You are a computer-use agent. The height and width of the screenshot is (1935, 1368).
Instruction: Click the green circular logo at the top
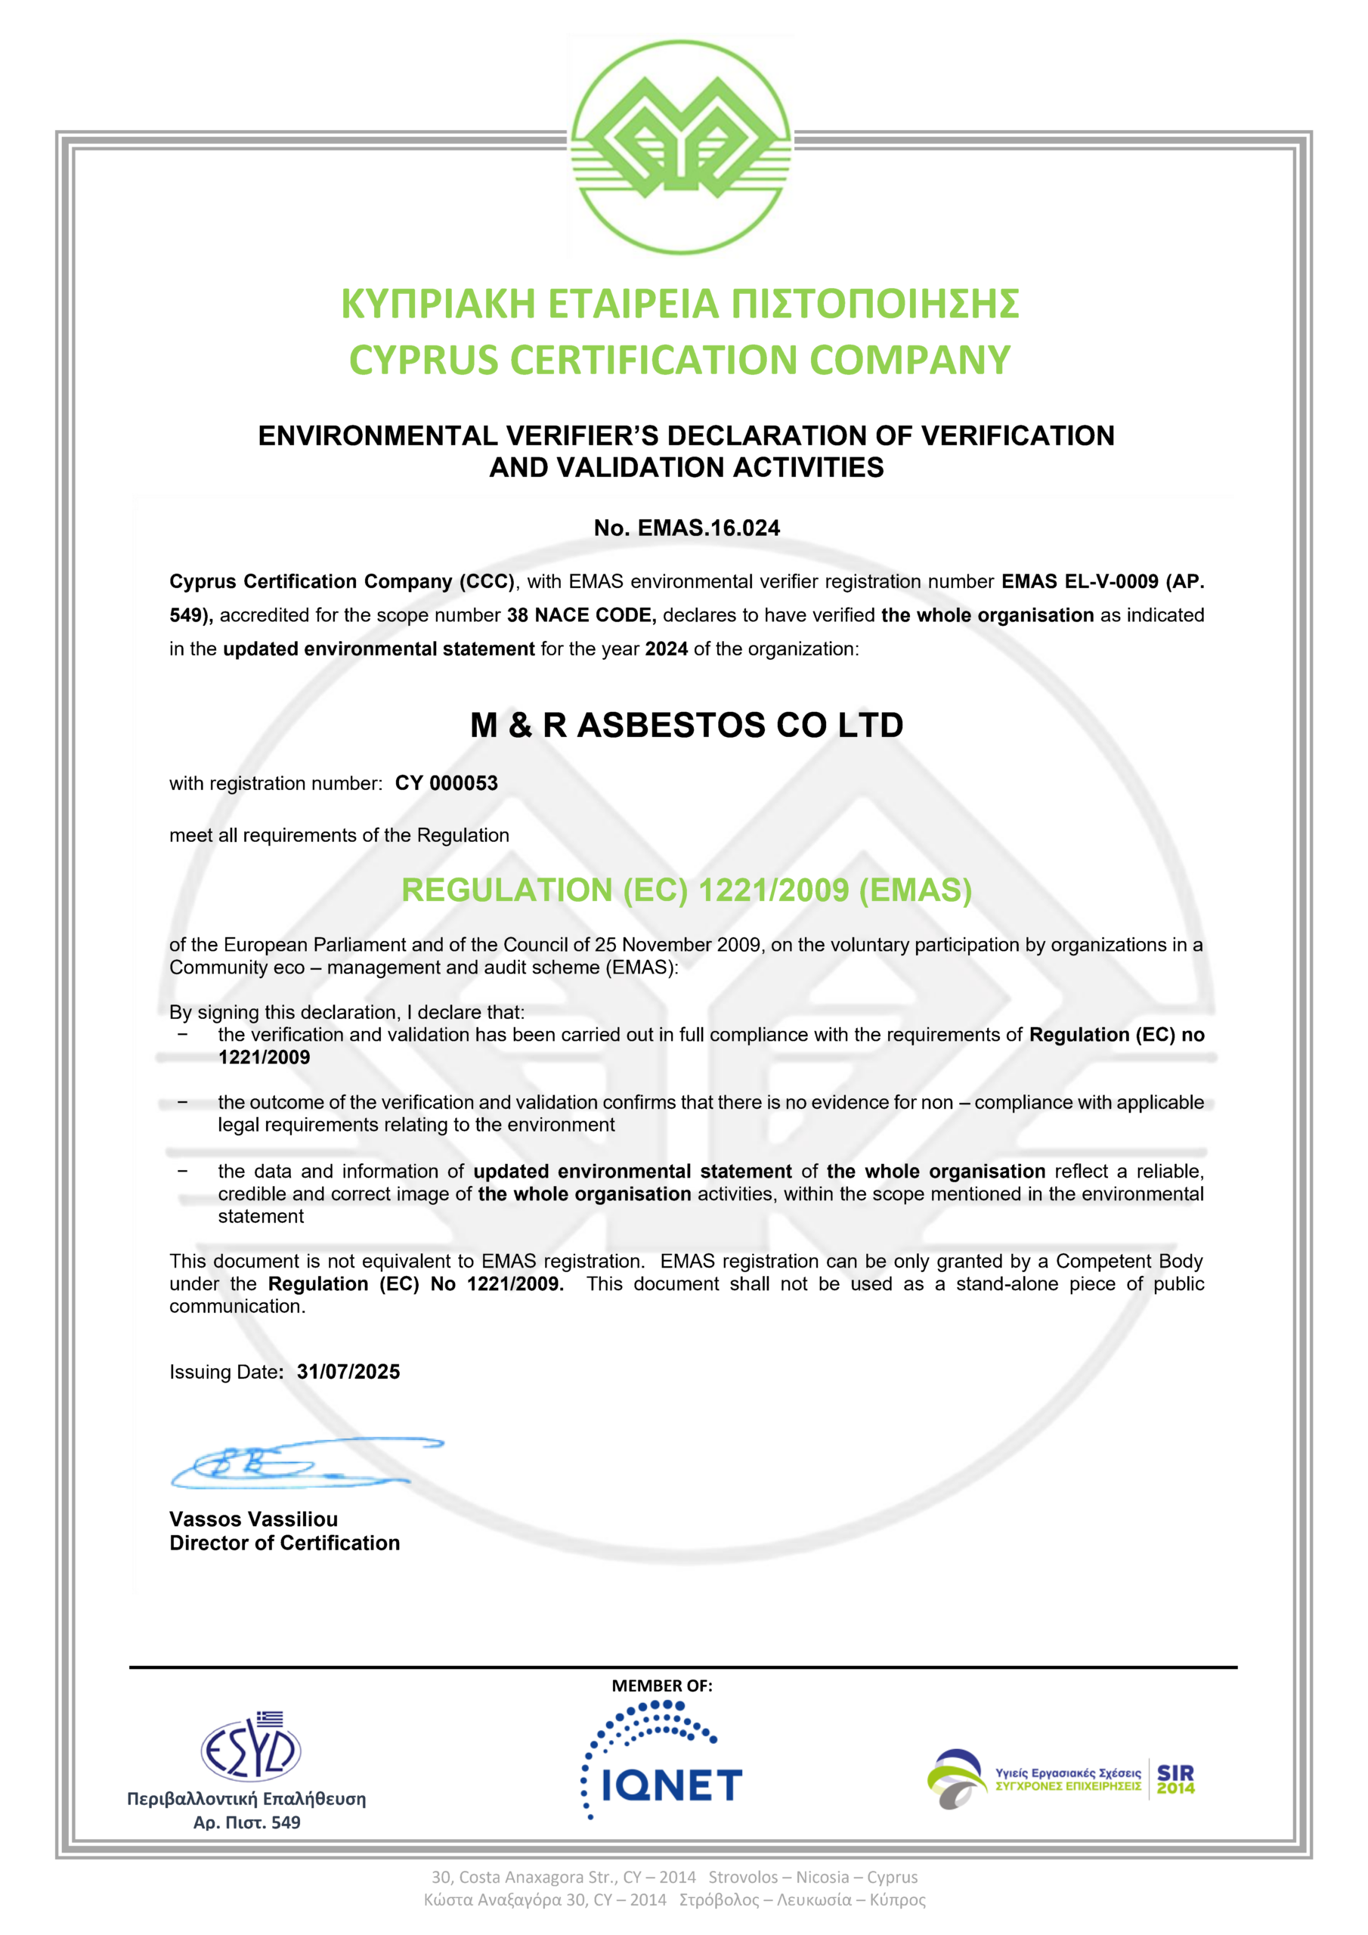click(680, 147)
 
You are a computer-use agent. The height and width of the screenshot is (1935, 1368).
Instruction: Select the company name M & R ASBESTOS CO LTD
click(686, 725)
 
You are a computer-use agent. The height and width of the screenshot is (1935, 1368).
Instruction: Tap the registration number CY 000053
click(446, 783)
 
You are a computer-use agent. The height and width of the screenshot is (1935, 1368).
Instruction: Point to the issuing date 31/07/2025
click(348, 1371)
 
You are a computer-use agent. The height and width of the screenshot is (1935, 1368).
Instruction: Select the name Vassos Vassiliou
click(254, 1519)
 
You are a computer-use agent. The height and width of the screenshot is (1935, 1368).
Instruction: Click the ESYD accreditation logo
click(250, 1749)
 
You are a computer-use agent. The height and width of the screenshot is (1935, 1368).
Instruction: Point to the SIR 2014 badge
click(1175, 1779)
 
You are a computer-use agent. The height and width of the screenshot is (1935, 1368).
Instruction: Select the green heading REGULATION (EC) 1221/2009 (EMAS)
click(686, 890)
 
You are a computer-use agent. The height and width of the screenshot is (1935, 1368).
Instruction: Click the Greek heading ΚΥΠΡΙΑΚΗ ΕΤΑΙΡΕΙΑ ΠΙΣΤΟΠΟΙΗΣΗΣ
click(680, 305)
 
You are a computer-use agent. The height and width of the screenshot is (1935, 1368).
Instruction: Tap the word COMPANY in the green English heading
click(909, 360)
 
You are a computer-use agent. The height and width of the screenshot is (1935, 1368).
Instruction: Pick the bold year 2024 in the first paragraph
click(666, 649)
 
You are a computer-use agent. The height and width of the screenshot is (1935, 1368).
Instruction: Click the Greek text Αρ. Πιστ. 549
click(247, 1822)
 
